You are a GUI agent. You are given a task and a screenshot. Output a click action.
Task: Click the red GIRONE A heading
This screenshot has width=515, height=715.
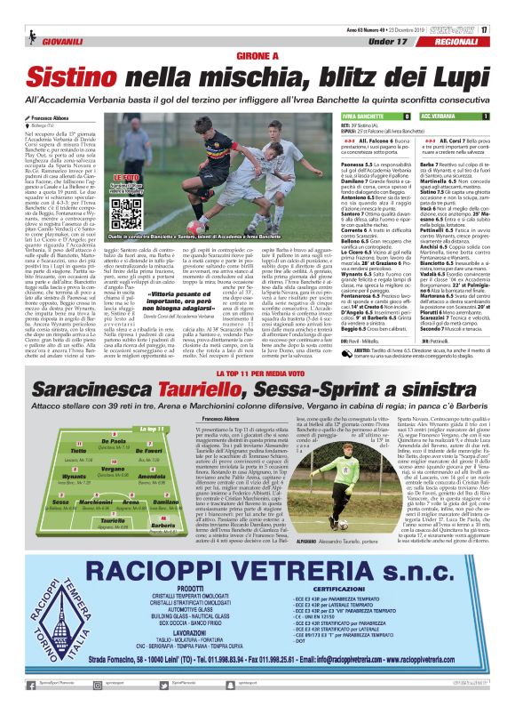coord(257,53)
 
